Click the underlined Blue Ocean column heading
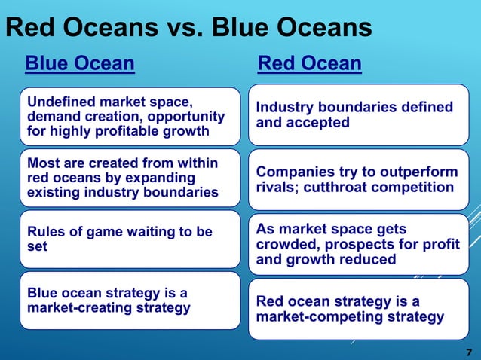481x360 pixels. click(80, 63)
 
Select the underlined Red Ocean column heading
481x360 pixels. click(309, 63)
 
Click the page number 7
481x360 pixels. click(468, 352)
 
